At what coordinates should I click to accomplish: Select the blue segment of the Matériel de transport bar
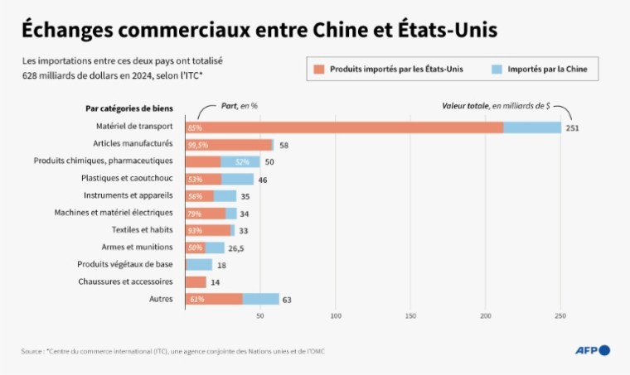pos(532,127)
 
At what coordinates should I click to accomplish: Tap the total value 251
pos(573,128)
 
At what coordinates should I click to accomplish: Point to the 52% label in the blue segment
pos(242,161)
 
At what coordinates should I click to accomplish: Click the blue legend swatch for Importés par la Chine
pos(496,70)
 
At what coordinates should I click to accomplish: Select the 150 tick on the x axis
pos(410,315)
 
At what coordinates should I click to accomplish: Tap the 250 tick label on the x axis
pos(561,315)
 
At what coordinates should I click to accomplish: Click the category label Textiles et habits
pos(142,229)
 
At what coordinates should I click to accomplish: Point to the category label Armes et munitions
pos(137,247)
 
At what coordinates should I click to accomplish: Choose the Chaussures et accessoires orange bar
pos(196,281)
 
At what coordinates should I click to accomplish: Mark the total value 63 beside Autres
pos(287,300)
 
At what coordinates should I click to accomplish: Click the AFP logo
pos(592,350)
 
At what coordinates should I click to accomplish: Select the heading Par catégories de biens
pos(128,108)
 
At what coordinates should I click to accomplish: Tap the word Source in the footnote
pos(31,352)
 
